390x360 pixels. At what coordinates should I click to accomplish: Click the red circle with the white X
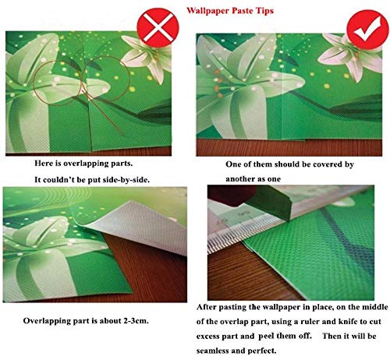coord(158,27)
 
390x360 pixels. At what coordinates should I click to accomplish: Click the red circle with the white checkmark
coord(367,30)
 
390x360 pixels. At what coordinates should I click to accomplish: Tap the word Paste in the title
coord(242,11)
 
